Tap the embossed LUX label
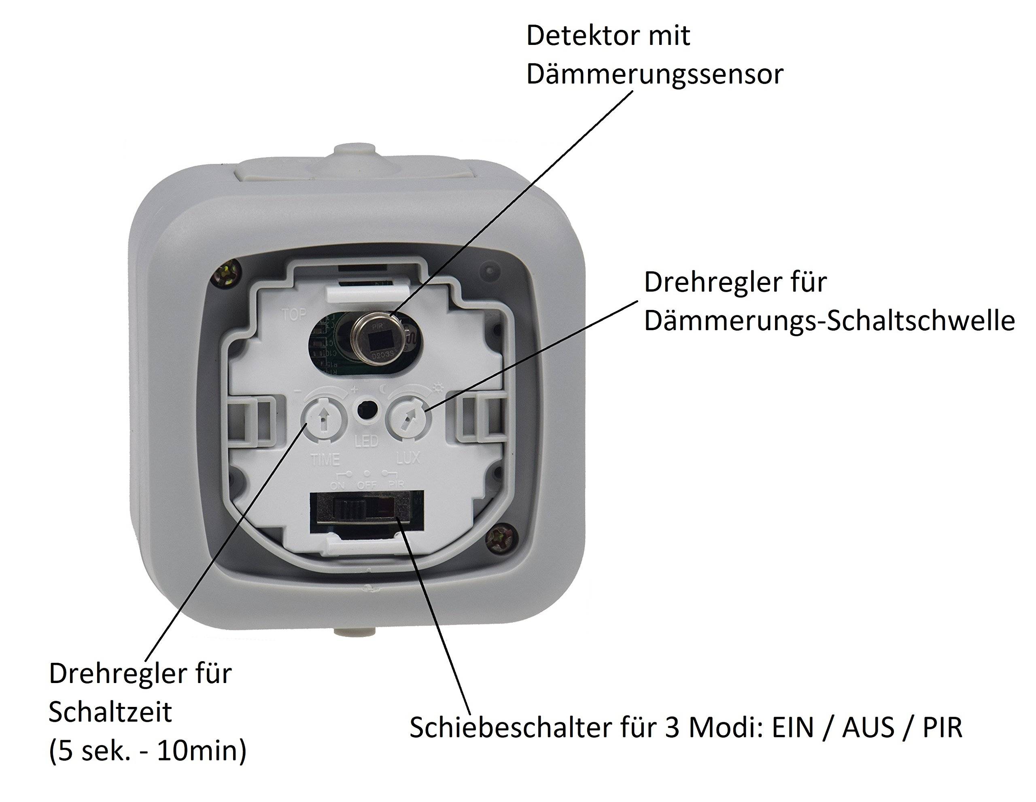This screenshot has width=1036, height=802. point(408,458)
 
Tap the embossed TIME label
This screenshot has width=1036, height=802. point(325,459)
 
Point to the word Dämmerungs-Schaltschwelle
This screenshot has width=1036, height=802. point(829,321)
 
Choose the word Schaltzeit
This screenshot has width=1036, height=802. point(110,712)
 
